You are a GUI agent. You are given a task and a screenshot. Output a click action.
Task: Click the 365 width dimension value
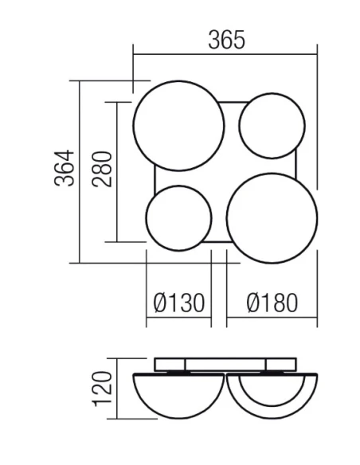[x=226, y=39]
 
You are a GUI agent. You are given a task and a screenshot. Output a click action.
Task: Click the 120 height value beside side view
[x=101, y=388]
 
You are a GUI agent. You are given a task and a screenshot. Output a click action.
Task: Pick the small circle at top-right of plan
[x=272, y=127]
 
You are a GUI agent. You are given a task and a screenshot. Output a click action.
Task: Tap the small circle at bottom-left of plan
[x=178, y=217]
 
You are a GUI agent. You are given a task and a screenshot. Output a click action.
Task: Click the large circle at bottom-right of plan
[x=272, y=216]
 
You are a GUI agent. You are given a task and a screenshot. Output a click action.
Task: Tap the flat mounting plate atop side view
[x=225, y=363]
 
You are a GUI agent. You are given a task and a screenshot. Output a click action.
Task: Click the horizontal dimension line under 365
[x=226, y=55]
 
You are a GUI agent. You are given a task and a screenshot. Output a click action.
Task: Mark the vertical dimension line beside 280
[x=117, y=171]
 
